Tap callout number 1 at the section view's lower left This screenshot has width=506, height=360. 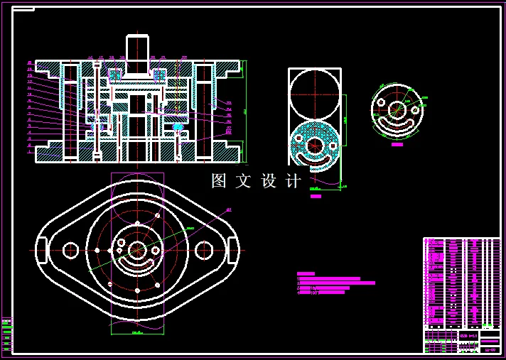(29, 151)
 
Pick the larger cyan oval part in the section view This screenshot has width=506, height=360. (178, 126)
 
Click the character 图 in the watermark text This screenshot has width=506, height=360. (219, 181)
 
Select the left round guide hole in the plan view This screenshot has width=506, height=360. (70, 250)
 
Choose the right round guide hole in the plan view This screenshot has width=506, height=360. (204, 250)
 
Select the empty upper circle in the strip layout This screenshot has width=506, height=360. (314, 94)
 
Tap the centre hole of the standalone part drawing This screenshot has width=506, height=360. (397, 110)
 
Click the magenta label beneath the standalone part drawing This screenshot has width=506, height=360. (397, 144)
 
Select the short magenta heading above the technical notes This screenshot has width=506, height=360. (306, 273)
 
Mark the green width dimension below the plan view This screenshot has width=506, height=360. (137, 331)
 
